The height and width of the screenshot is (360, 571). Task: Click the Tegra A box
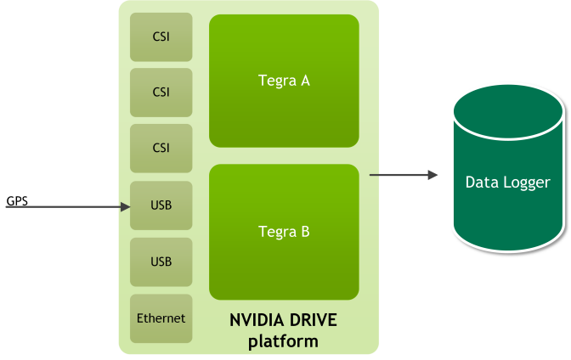(284, 81)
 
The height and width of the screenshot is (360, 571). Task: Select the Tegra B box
(284, 232)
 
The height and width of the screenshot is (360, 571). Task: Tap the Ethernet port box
(161, 318)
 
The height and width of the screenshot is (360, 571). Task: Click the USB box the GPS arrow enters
(161, 205)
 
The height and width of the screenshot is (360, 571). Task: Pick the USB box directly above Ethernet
(161, 262)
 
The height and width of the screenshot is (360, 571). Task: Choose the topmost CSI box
(161, 37)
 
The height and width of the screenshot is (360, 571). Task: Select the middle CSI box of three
(161, 93)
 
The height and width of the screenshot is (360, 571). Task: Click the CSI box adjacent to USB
(161, 148)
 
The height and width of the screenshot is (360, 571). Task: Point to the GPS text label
(17, 201)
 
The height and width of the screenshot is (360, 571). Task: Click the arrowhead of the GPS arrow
(125, 207)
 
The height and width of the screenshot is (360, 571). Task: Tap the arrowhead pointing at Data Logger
(432, 175)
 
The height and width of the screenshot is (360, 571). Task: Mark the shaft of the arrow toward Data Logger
(399, 175)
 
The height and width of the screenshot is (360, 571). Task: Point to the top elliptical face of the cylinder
(508, 112)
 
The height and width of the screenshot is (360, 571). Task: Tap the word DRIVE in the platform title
(313, 320)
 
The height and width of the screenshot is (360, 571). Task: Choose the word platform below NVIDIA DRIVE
(283, 342)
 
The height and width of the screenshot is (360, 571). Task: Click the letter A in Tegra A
(305, 81)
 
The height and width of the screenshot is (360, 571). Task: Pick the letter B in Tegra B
(305, 232)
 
